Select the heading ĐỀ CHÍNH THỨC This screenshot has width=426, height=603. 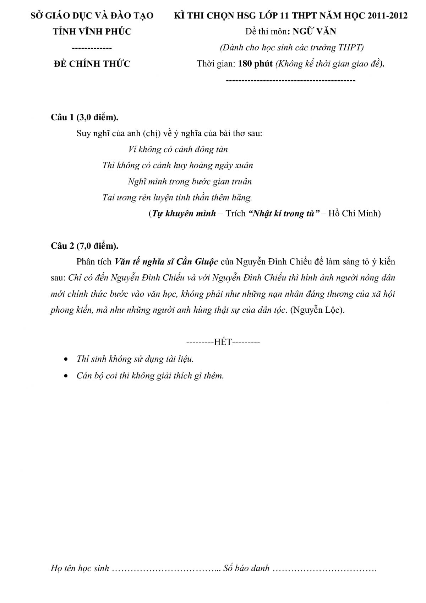[92, 64]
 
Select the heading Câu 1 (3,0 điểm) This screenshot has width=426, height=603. [84, 117]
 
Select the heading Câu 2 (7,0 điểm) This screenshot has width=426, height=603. [84, 246]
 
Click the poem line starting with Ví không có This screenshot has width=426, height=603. [178, 149]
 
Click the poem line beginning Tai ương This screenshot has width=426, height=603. [177, 198]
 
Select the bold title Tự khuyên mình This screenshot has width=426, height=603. [184, 214]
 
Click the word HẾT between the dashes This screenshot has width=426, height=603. [223, 342]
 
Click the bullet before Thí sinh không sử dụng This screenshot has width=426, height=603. [65, 359]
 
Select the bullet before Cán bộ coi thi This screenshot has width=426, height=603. [65, 376]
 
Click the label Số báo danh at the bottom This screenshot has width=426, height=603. [246, 568]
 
